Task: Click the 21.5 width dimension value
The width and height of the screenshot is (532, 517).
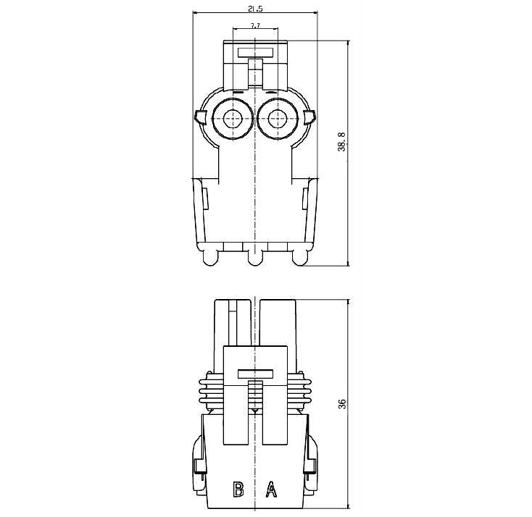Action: point(255,9)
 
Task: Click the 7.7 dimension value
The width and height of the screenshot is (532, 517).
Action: point(255,26)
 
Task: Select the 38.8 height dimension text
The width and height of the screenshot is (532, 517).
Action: point(341,142)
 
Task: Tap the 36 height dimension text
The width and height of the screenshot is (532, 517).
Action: point(342,404)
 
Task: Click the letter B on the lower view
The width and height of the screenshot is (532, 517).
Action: point(238,489)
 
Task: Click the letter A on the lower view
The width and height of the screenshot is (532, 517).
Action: point(271,489)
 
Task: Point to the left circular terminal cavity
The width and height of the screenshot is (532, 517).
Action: point(233,118)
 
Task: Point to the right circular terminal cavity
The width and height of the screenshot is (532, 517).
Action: point(278,118)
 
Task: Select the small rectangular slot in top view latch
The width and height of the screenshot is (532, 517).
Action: point(255,53)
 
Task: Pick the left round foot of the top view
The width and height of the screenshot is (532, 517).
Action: point(211,258)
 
